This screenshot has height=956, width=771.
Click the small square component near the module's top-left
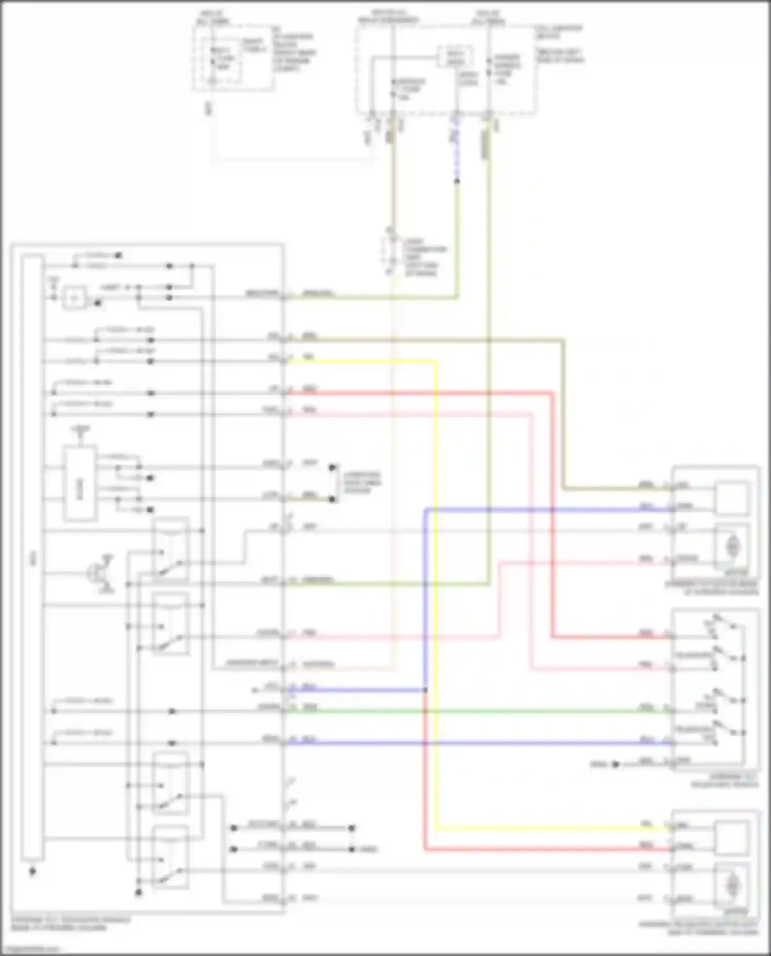coord(75,297)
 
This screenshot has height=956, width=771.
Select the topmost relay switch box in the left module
coord(171,550)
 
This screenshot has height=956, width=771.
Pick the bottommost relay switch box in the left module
coord(171,857)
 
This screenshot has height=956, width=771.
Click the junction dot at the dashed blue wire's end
coord(456,181)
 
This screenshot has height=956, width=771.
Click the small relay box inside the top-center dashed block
coord(455,57)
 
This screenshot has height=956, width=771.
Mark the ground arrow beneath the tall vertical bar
coord(32,871)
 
